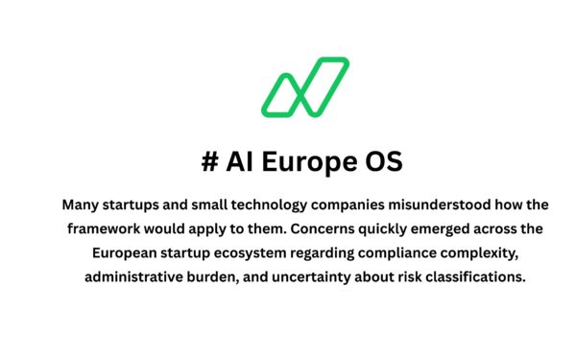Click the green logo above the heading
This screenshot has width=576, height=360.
(304, 84)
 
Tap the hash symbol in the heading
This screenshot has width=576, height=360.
(210, 162)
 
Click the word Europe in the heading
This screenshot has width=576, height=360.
(306, 162)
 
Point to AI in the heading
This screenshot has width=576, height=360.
(241, 162)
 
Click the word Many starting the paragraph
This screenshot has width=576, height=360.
(82, 204)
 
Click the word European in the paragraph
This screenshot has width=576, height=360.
(129, 253)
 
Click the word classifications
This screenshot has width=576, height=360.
(479, 277)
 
